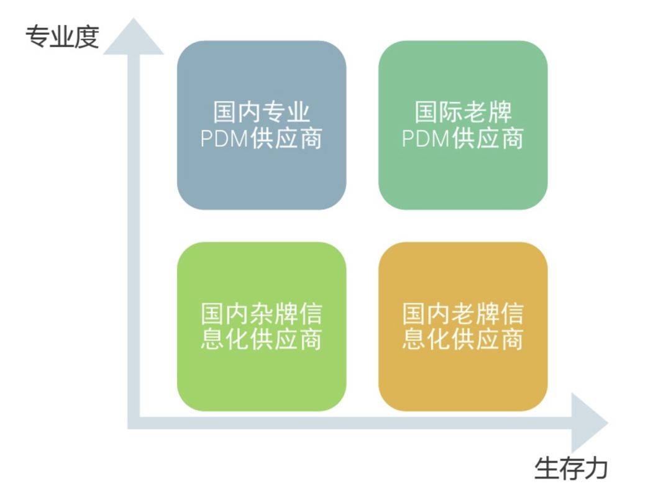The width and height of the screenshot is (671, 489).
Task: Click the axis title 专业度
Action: (62, 38)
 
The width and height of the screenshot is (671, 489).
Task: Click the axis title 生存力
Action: (570, 468)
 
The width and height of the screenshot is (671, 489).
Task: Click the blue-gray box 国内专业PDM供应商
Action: (262, 125)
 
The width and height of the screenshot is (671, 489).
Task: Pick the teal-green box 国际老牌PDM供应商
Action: (463, 125)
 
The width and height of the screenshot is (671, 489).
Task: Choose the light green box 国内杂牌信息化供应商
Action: (262, 326)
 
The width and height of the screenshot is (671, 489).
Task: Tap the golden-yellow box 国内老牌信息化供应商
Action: (463, 326)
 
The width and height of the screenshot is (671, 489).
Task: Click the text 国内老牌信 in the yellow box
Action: (463, 314)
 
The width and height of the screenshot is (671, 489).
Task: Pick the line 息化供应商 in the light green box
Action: (262, 340)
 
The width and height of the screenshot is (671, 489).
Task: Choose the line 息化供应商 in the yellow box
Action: (463, 340)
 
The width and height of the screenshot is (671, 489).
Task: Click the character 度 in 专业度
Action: (86, 38)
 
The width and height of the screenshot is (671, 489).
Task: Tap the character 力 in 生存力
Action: (595, 468)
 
